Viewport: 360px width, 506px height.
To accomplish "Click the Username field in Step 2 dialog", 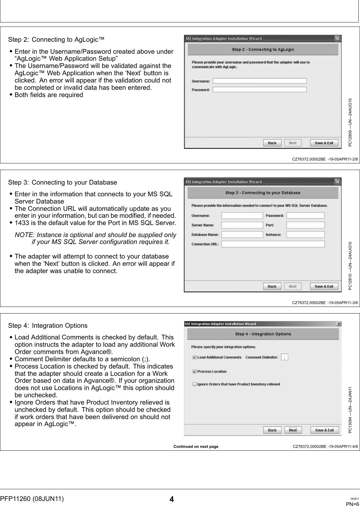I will point(259,81).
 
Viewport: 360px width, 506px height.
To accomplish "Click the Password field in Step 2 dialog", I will point(259,90).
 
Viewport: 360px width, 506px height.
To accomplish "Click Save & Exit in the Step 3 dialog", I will point(324,286).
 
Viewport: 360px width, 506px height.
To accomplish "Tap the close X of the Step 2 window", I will point(338,39).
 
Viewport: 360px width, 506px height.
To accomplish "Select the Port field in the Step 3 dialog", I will point(305,225).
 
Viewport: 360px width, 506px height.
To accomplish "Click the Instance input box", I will point(305,235).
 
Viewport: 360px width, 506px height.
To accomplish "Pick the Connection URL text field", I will point(273,244).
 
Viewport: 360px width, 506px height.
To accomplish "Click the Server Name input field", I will point(242,225).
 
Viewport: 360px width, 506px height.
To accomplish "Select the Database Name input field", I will point(242,235).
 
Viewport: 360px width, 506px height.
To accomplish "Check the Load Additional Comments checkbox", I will point(195,357).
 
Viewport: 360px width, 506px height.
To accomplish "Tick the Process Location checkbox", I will point(195,372).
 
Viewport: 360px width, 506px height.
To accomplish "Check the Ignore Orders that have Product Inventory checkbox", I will point(195,384).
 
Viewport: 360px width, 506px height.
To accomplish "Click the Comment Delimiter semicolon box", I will point(285,357).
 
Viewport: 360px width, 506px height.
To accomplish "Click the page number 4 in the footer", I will point(171,499).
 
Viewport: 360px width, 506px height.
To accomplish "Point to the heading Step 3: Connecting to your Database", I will point(62,182).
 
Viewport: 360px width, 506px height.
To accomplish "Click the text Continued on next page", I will point(196,447).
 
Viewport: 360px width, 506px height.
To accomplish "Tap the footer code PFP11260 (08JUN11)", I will point(32,499).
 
